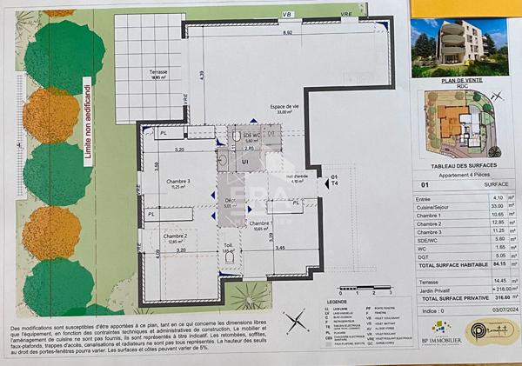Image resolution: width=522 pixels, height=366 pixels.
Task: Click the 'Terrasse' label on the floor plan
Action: [157, 73]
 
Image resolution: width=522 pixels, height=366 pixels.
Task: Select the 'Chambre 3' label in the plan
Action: [178, 182]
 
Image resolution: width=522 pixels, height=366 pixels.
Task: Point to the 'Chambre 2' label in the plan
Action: [174, 236]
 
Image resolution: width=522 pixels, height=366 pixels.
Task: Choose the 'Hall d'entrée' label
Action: [296, 177]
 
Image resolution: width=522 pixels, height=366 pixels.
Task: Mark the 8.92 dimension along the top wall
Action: [287, 33]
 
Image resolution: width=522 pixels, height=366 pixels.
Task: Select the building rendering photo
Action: [460, 48]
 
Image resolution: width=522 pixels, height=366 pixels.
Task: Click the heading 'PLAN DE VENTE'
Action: [460, 81]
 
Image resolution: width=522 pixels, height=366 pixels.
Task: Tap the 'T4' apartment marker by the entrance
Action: [335, 183]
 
